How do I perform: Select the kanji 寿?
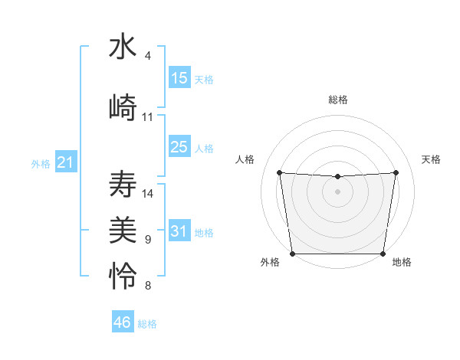click(x=123, y=185)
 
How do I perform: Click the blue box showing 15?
click(x=179, y=78)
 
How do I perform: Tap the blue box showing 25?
click(x=179, y=147)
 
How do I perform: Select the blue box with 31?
click(x=179, y=231)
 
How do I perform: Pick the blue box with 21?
click(x=65, y=162)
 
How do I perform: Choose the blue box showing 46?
click(x=123, y=322)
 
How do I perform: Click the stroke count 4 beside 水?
click(x=148, y=56)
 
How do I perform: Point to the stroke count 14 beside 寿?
click(x=148, y=194)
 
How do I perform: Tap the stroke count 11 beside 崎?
click(x=148, y=117)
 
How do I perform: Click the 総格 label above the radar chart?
click(x=337, y=100)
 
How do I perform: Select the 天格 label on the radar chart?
click(x=432, y=159)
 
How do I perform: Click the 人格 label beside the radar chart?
click(x=245, y=159)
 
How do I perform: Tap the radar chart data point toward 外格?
click(x=293, y=254)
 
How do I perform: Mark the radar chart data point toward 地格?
click(x=383, y=254)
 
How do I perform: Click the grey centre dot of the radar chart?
click(x=337, y=191)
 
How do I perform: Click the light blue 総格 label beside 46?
click(x=147, y=324)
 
